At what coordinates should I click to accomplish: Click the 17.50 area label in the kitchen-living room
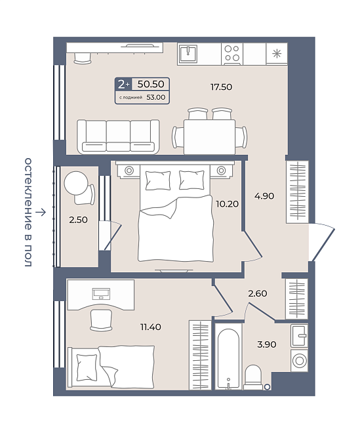[x=221, y=87]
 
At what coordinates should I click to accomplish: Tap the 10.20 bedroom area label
[x=227, y=204]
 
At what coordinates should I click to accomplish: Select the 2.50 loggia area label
[x=79, y=220]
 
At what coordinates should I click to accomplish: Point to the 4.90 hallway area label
[x=264, y=196]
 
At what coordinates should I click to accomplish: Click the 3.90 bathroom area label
[x=267, y=344]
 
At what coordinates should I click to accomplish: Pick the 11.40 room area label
[x=151, y=327]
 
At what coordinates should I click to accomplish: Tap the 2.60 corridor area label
[x=258, y=293]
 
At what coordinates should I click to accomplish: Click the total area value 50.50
[x=151, y=84]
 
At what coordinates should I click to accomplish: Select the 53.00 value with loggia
[x=156, y=97]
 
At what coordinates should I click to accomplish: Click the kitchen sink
[x=188, y=54]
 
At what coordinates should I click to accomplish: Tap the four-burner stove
[x=232, y=54]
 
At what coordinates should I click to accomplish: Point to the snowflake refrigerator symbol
[x=277, y=53]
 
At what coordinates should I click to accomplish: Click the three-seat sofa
[x=118, y=136]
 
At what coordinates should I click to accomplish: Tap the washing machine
[x=299, y=360]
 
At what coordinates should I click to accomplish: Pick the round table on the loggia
[x=76, y=183]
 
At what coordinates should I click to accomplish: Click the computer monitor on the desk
[x=101, y=293]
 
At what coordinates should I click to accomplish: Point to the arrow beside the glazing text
[x=41, y=212]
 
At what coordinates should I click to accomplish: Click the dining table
[x=210, y=137]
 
